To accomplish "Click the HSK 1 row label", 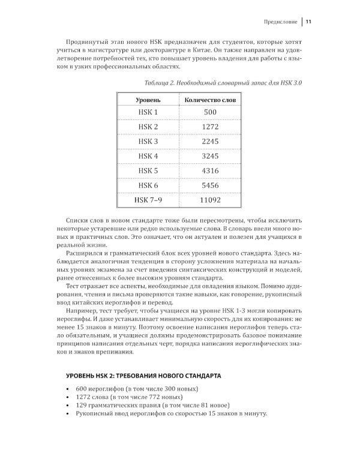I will (148, 112).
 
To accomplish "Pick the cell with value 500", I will (210, 112).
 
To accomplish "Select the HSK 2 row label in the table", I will (148, 127).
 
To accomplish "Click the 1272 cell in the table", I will (210, 127).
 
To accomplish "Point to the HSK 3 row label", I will (148, 142).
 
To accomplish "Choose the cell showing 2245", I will (210, 142).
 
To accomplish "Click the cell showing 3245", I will (210, 156).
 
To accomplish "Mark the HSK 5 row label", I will (148, 171).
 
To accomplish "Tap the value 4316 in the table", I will (210, 171).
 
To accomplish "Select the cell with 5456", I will (210, 185).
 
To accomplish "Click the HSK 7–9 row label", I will (148, 200).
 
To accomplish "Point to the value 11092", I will (210, 200).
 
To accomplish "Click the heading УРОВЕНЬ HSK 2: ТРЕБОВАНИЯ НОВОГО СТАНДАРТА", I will (143, 376).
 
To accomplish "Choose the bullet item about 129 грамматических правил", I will (157, 406).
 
